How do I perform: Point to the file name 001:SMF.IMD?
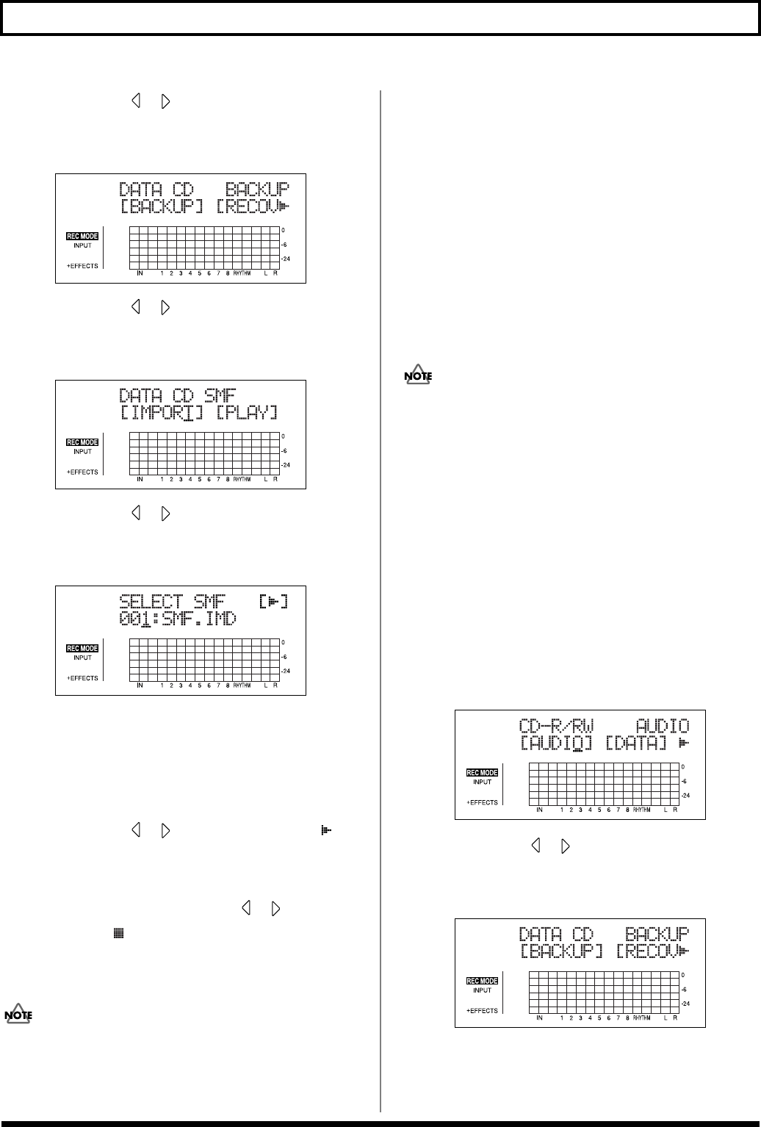coord(178,619)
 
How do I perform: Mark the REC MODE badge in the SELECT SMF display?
coord(82,649)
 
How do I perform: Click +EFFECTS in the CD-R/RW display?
coord(482,802)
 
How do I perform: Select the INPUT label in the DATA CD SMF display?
coord(82,452)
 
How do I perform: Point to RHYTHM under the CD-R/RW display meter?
coord(641,810)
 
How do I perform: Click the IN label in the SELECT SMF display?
coord(140,685)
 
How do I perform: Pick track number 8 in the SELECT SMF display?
coord(228,685)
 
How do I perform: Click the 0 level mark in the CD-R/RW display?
coord(683,767)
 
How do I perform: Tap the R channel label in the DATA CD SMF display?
coord(275,480)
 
